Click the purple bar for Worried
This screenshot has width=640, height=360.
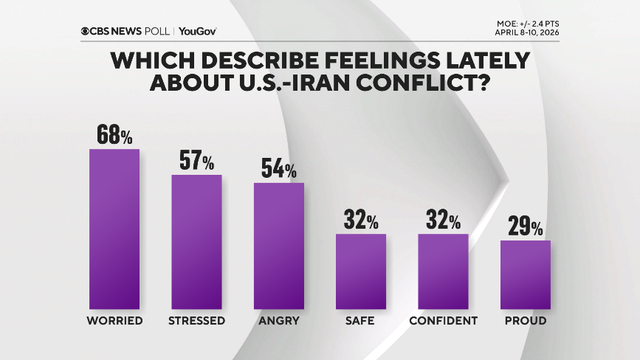pyautogui.click(x=114, y=229)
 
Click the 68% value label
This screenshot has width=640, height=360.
pyautogui.click(x=114, y=135)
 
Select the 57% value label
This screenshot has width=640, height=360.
pyautogui.click(x=196, y=161)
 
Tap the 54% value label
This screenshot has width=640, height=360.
pyautogui.click(x=279, y=168)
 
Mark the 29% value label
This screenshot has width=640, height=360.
pyautogui.click(x=526, y=226)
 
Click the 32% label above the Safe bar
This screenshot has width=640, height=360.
pyautogui.click(x=361, y=220)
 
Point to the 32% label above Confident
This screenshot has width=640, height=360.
pyautogui.click(x=443, y=220)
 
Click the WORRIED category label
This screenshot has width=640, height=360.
pyautogui.click(x=114, y=321)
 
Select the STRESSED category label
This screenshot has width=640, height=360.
pyautogui.click(x=196, y=321)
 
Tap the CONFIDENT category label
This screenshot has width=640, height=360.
pyautogui.click(x=443, y=321)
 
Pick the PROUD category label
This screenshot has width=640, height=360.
pyautogui.click(x=526, y=321)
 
